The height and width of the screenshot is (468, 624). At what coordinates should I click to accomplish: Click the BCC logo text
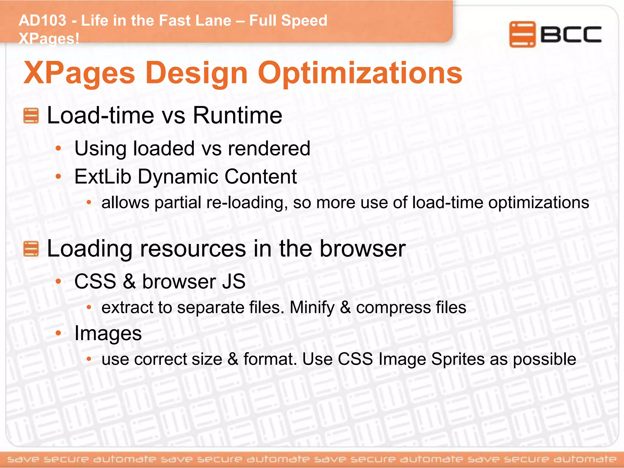571,34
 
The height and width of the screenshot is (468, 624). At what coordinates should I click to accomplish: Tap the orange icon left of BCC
522,34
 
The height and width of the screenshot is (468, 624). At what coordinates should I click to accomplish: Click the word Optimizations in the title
360,73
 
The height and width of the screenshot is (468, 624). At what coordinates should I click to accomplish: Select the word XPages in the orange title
79,73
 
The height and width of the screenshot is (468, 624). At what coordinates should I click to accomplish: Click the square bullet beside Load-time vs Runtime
31,116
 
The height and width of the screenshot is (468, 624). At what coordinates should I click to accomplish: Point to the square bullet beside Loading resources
31,249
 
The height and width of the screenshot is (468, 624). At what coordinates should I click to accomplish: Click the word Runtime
237,115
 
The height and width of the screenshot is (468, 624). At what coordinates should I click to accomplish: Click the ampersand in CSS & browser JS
129,281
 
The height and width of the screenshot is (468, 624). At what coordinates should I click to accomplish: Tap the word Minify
312,307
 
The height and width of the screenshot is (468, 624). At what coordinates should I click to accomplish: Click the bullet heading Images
108,333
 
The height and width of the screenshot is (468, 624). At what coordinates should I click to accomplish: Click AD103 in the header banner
42,21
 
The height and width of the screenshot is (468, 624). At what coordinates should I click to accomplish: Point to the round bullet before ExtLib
58,176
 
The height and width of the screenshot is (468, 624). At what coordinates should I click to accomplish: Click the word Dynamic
178,176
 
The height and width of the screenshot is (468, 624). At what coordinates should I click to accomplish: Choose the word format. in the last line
270,359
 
